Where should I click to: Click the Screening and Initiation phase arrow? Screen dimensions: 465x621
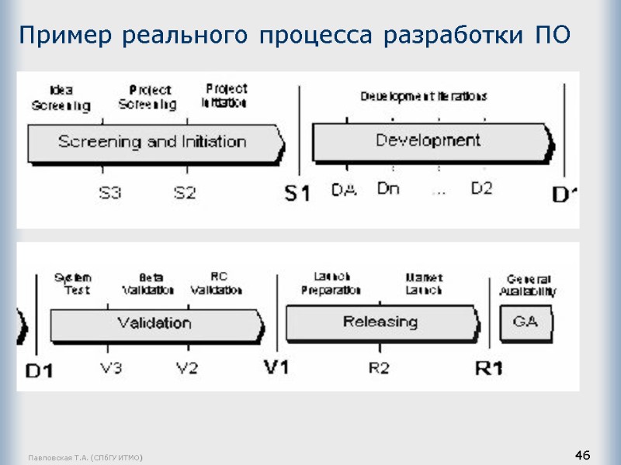(155, 143)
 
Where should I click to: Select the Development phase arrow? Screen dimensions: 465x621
(431, 141)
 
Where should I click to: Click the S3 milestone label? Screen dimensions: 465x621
(110, 193)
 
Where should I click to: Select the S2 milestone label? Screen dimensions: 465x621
(184, 193)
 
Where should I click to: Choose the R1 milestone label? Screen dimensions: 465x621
(489, 368)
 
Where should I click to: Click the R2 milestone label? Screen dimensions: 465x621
(379, 368)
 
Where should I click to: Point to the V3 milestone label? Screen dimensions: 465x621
(111, 368)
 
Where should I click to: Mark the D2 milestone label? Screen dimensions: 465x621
(482, 188)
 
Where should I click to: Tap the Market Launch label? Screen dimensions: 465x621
(424, 284)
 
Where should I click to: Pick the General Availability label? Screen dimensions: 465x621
(529, 285)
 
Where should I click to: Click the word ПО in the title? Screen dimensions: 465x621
(553, 35)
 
